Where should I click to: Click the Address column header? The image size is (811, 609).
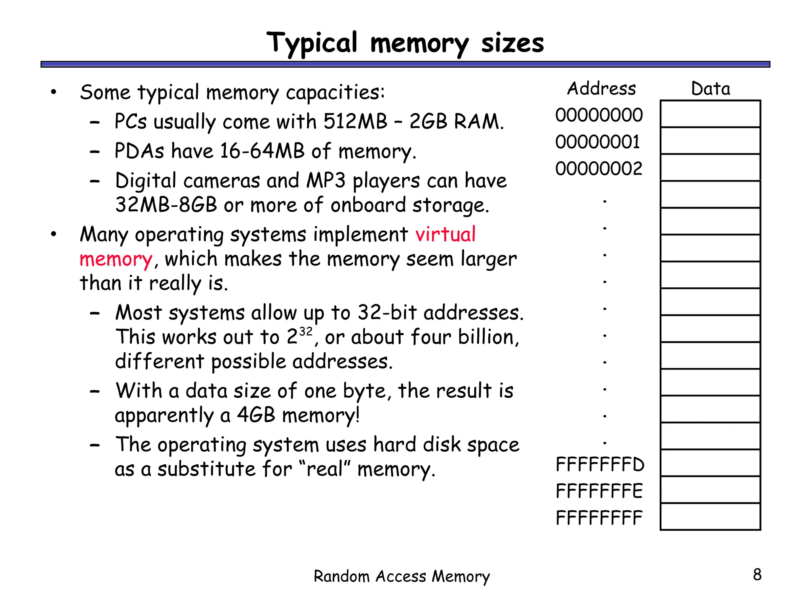601,88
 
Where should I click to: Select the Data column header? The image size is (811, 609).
710,88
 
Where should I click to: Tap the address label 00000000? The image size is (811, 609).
599,115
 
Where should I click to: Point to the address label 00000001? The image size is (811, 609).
598,142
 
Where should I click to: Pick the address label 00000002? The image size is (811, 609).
598,169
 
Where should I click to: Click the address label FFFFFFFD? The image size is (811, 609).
600,465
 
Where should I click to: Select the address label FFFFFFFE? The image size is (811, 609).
599,491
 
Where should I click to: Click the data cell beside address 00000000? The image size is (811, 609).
710,114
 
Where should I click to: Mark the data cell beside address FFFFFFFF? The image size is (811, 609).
710,517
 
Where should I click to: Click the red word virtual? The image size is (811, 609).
445,234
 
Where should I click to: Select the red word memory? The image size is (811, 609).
116,260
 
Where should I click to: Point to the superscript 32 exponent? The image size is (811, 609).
306,331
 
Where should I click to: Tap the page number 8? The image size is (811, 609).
757,575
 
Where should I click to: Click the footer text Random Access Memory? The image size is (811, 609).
402,576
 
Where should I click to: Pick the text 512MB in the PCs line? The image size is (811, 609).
355,122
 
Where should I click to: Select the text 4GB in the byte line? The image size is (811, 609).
256,416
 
